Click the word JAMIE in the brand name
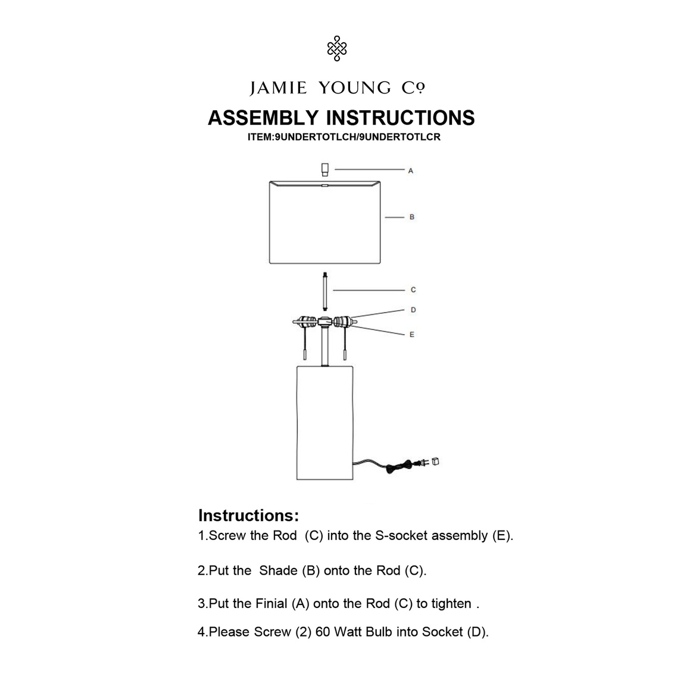pos(278,89)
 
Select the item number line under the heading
pos(344,136)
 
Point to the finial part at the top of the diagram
pos(324,170)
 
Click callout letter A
pos(411,171)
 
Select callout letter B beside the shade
pos(411,217)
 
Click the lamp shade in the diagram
pos(324,223)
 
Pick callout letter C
pos(413,290)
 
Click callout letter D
pos(413,310)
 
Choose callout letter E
pos(411,335)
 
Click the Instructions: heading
pos(248,515)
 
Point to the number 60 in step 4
pos(323,632)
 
